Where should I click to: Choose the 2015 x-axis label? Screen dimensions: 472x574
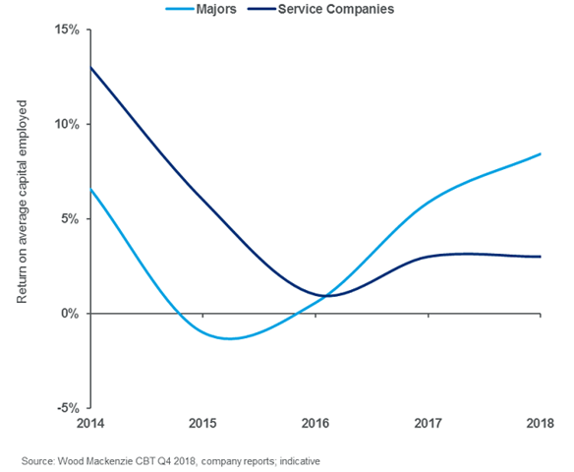tap(202, 425)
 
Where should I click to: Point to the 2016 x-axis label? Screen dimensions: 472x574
tap(316, 425)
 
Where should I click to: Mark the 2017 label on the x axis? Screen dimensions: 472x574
tap(429, 425)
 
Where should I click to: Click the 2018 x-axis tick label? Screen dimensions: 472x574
tap(540, 425)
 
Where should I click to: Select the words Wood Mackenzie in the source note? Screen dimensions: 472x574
tap(96, 460)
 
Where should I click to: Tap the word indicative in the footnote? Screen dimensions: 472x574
tap(297, 460)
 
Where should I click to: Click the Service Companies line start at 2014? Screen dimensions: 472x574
tap(90, 68)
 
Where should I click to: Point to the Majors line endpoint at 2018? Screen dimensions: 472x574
tap(541, 154)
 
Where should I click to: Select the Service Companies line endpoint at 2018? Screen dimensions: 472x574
tap(541, 257)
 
